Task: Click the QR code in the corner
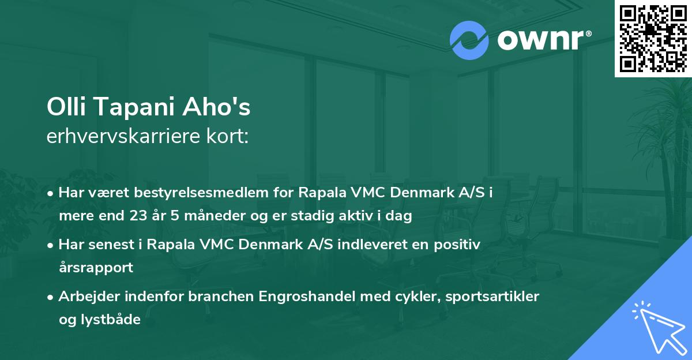[x=653, y=38]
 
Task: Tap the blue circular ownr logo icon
[x=469, y=40]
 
